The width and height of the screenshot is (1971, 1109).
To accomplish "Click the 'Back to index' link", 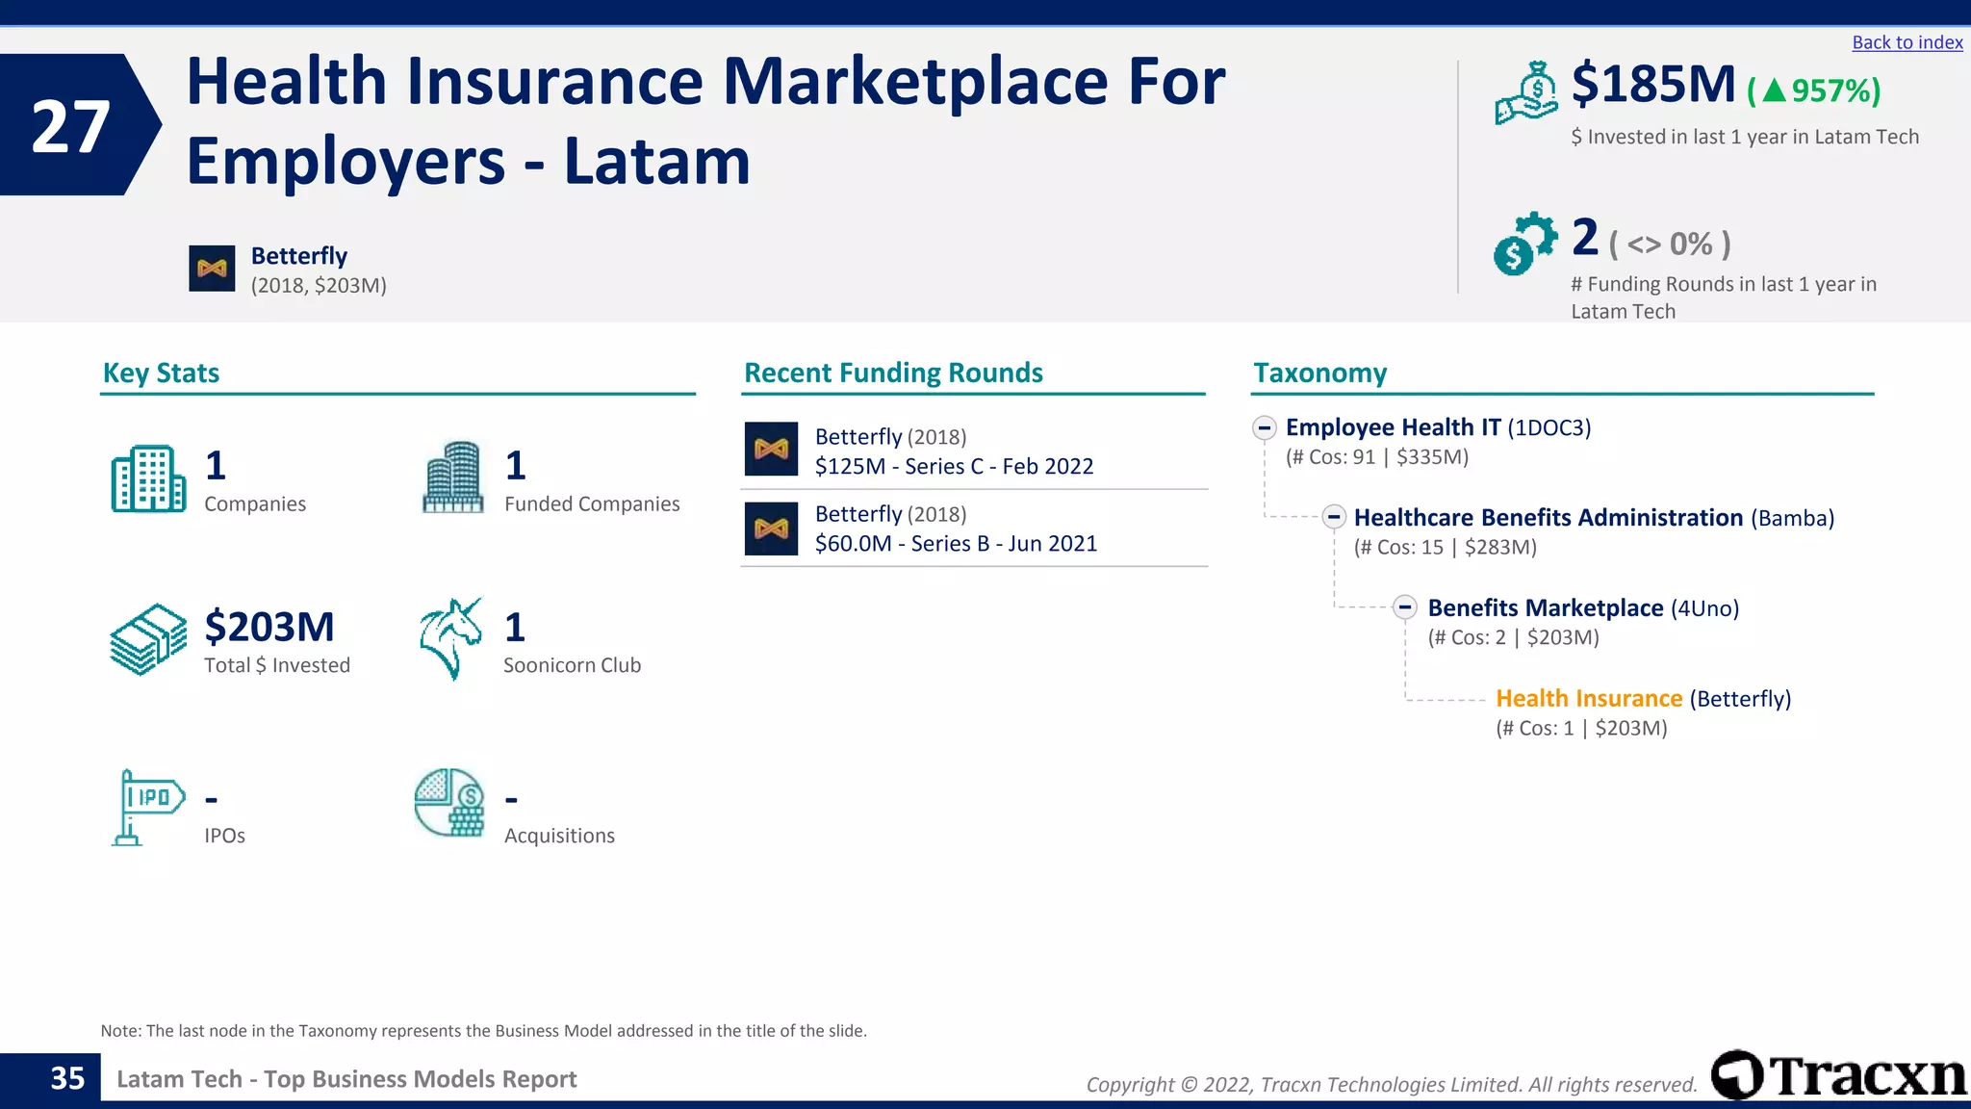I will [x=1907, y=42].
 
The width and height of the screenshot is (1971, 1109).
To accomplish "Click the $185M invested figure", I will [x=1652, y=85].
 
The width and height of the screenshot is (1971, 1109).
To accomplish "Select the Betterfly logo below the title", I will [x=212, y=269].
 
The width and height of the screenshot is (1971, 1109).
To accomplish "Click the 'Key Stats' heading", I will [x=161, y=374].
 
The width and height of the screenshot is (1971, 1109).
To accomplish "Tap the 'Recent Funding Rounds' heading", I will [x=893, y=374].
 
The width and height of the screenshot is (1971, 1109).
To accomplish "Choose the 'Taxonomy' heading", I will [x=1319, y=374].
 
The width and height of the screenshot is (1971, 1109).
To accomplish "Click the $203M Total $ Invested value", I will [x=269, y=627].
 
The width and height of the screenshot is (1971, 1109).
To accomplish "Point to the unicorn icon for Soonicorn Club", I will [x=450, y=638].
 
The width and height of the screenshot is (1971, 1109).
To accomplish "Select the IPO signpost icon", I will [x=146, y=807].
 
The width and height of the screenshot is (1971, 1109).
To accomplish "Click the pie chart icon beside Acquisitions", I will [x=449, y=803].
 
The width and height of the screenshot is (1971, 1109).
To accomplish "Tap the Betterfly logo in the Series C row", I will [x=771, y=450].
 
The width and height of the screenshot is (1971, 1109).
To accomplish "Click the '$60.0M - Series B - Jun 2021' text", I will [x=956, y=544].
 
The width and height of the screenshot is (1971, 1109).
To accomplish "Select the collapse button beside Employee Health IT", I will [x=1265, y=427].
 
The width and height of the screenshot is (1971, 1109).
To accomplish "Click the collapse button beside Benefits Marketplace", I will [x=1405, y=607].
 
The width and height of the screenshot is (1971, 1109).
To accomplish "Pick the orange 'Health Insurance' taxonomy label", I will [x=1588, y=699].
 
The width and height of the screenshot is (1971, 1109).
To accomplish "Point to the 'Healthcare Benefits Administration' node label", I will [x=1548, y=518].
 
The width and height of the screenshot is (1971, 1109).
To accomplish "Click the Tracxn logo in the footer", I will [x=1838, y=1075].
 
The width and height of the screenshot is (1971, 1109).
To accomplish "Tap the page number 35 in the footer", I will [x=67, y=1079].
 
